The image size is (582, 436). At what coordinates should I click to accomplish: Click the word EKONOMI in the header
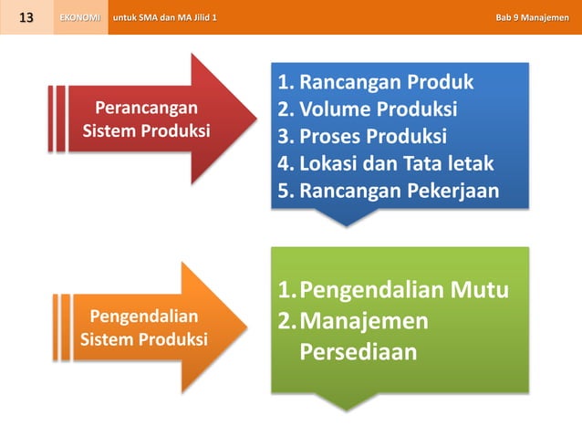click(x=80, y=17)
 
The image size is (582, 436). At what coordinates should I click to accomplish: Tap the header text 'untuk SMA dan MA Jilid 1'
click(x=164, y=17)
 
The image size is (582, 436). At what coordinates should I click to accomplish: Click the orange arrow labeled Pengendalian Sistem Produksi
click(x=155, y=328)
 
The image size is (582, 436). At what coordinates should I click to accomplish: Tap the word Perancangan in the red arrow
click(x=147, y=109)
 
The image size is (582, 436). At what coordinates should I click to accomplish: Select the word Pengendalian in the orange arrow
click(x=144, y=317)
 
